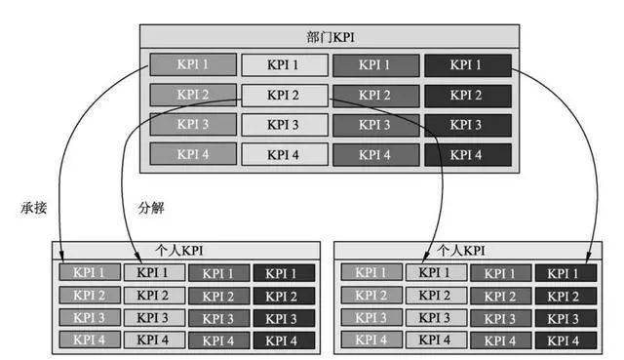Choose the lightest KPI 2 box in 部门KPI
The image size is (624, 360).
pyautogui.click(x=283, y=96)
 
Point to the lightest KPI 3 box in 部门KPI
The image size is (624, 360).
pyautogui.click(x=283, y=125)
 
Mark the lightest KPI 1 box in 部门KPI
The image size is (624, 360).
pyautogui.click(x=283, y=65)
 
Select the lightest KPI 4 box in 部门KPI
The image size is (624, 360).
pyautogui.click(x=283, y=154)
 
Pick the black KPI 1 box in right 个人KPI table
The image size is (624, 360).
pyautogui.click(x=563, y=273)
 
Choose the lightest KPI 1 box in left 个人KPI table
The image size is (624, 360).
pyautogui.click(x=153, y=273)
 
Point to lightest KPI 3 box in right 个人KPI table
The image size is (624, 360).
pyautogui.click(x=435, y=318)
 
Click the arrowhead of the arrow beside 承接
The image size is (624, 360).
pyautogui.click(x=60, y=257)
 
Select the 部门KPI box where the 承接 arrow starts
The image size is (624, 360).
pyautogui.click(x=192, y=65)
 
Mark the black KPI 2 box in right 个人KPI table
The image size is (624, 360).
pyautogui.click(x=563, y=296)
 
